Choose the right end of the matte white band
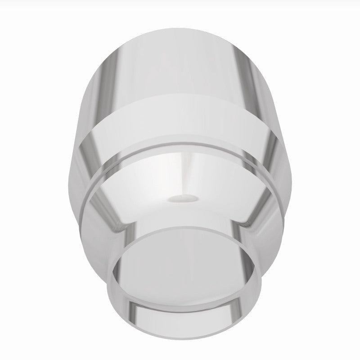coord(274,130)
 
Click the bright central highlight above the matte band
coord(180,67)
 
